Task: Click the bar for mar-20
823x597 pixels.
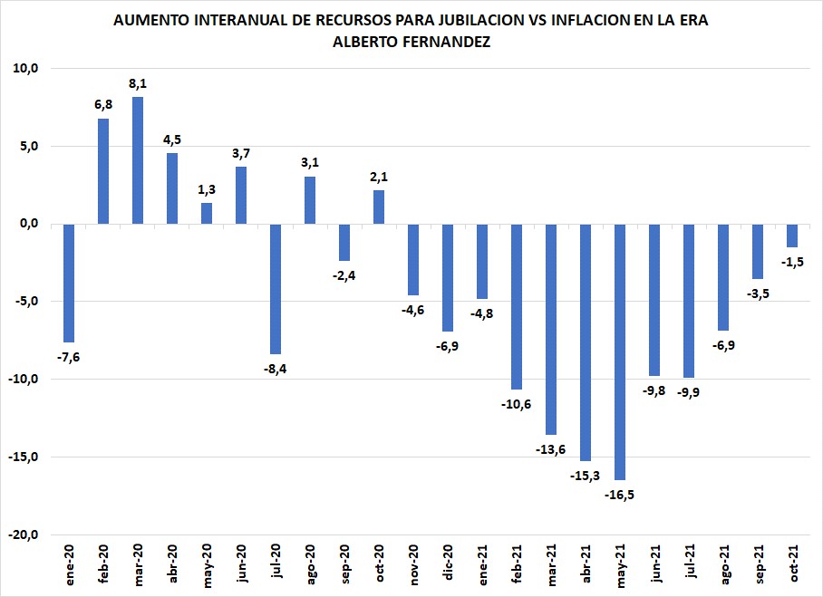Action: pyautogui.click(x=138, y=160)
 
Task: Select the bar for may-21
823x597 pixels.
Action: pyautogui.click(x=620, y=351)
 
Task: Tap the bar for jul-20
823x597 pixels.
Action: pyautogui.click(x=276, y=289)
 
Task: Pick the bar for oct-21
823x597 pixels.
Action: pyautogui.click(x=792, y=236)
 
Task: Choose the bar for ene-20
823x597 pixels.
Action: pyautogui.click(x=69, y=283)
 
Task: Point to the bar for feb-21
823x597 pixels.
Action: pyautogui.click(x=517, y=306)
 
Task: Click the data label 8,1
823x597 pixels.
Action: pyautogui.click(x=138, y=83)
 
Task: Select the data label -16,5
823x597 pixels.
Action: pyautogui.click(x=620, y=495)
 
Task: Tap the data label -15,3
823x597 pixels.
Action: pyautogui.click(x=586, y=476)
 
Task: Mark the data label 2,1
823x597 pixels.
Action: pyautogui.click(x=379, y=176)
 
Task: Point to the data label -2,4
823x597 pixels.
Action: pyautogui.click(x=344, y=275)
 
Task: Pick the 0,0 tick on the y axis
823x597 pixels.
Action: pyautogui.click(x=26, y=224)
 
